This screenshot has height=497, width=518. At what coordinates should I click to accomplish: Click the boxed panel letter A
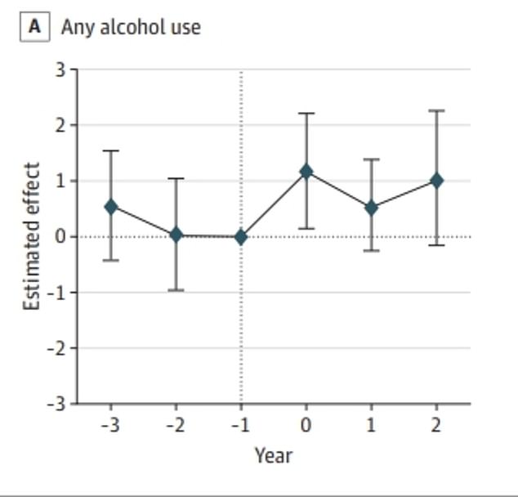tap(34, 26)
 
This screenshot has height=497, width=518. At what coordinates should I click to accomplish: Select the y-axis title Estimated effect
tap(31, 236)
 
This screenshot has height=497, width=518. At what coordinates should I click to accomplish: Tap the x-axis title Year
tap(273, 454)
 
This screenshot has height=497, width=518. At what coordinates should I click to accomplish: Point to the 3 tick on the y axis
tap(60, 69)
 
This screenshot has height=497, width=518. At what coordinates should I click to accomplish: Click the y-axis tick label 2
tap(60, 125)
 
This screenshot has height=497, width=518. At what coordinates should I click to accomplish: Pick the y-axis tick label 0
tap(60, 237)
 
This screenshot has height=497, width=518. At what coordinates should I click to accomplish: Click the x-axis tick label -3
tap(109, 424)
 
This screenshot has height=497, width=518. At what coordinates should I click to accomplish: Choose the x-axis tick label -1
tap(240, 424)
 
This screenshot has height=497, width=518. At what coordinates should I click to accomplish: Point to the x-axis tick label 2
tap(436, 424)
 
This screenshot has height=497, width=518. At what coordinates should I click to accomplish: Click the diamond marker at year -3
tap(110, 207)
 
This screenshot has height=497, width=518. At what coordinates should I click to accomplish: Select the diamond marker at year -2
tap(176, 235)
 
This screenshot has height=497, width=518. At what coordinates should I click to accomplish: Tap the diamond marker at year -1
tap(241, 237)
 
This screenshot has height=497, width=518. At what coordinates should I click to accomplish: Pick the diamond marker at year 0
tap(306, 172)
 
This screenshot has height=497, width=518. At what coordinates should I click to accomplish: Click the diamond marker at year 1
tap(372, 208)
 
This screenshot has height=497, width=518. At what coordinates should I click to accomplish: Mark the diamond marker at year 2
tap(437, 180)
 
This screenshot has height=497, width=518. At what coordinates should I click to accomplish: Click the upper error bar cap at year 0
tap(306, 113)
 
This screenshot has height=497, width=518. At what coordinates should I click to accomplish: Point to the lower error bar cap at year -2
tap(176, 290)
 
